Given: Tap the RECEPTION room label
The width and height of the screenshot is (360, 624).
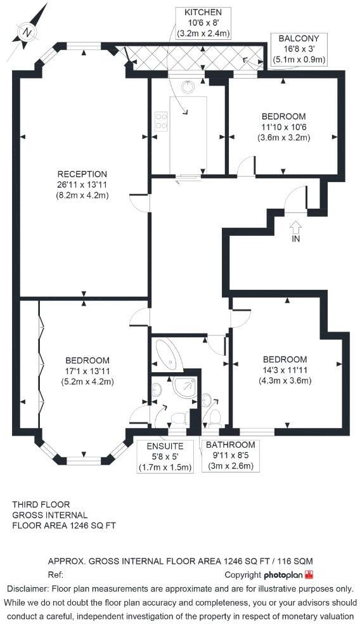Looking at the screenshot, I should [82, 174].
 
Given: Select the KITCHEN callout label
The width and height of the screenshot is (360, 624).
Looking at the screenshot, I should [203, 23].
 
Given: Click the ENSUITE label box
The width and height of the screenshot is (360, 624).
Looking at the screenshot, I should [164, 456].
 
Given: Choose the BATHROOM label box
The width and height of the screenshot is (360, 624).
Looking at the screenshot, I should [231, 455].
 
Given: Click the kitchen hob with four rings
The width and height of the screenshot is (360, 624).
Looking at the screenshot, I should [161, 121].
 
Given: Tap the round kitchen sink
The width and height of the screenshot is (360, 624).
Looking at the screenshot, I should [188, 86].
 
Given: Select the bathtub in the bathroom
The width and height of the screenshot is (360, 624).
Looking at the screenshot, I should [169, 355].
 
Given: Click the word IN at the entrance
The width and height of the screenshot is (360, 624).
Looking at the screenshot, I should [295, 240].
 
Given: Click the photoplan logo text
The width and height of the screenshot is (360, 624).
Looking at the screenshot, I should [283, 575].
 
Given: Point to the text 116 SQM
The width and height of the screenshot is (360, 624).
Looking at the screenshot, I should [295, 562].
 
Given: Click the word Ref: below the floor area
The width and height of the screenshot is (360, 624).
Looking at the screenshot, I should [56, 575].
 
